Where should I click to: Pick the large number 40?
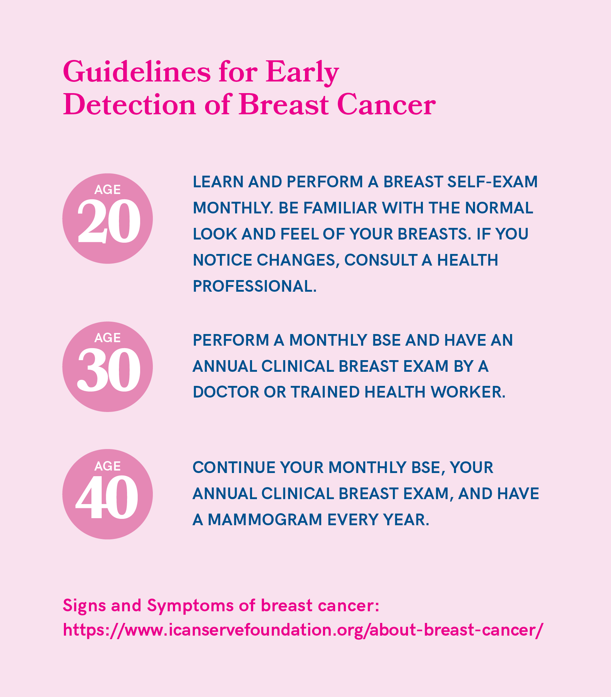coord(107,497)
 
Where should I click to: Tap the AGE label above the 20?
coord(108,190)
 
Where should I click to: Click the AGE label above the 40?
coord(108,466)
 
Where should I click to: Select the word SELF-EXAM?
coord(492,182)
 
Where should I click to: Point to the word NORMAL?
coord(499,208)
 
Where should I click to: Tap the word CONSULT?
coord(381,260)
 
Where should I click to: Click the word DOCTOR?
coord(226,392)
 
